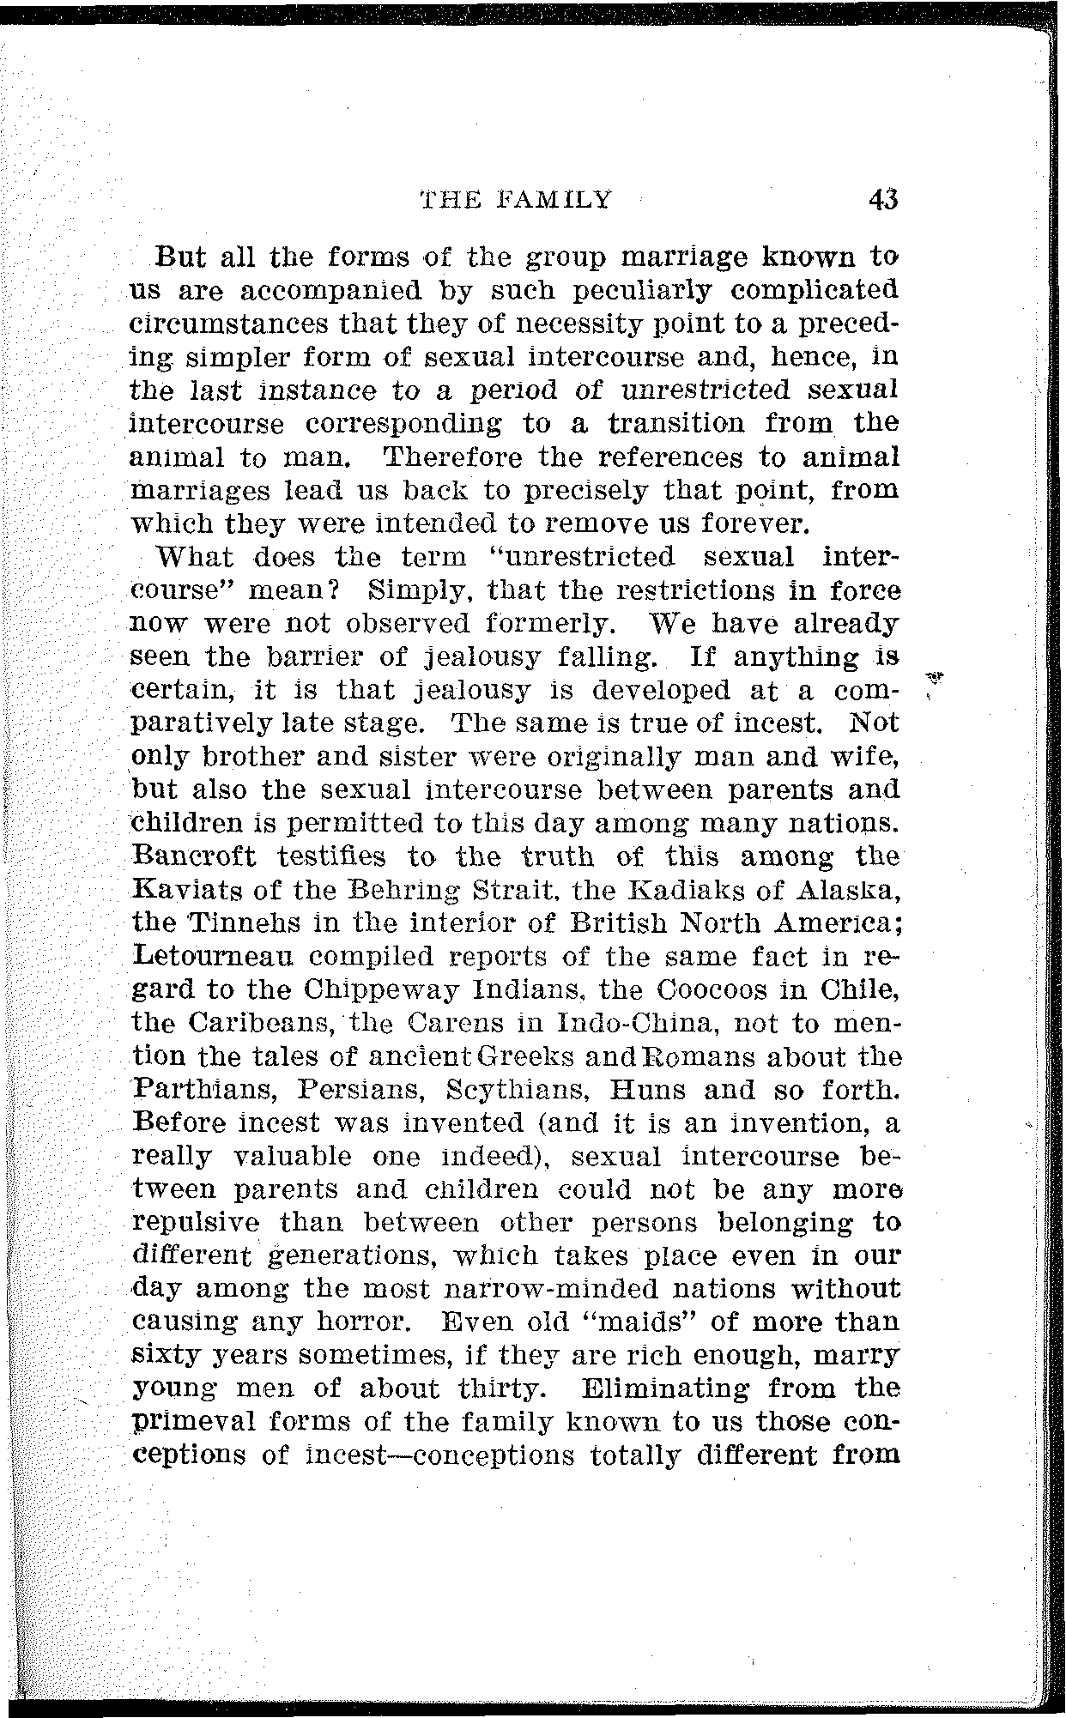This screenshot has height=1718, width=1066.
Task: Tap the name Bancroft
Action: click(x=195, y=856)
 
